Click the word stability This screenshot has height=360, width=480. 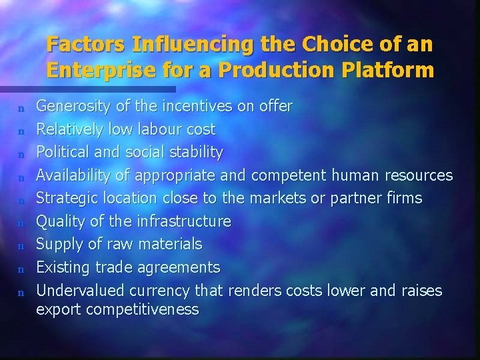pos(196,152)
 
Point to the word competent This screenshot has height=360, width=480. pos(288,175)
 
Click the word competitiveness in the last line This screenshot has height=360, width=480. pos(144,309)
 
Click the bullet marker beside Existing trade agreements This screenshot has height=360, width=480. pos(21,269)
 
